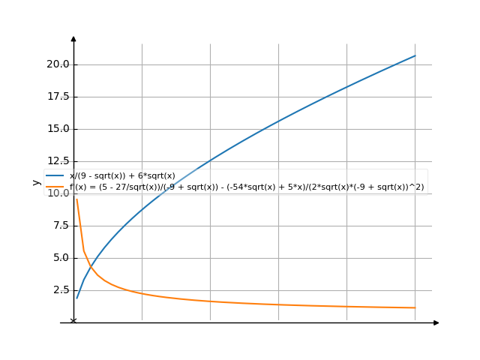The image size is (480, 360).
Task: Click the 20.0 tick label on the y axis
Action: click(58, 64)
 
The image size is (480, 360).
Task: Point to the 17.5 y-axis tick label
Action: click(58, 97)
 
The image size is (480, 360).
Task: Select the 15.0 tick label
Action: click(58, 129)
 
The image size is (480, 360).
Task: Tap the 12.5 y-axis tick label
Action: click(58, 161)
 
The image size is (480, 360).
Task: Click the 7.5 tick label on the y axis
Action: click(60, 226)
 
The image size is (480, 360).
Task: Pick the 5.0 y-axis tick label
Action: click(60, 258)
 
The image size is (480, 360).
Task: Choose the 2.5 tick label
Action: click(60, 290)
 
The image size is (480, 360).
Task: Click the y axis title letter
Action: click(36, 181)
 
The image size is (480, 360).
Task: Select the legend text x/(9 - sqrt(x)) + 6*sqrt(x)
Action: click(122, 176)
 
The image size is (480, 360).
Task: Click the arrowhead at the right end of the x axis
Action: click(436, 322)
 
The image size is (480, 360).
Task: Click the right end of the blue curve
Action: click(415, 55)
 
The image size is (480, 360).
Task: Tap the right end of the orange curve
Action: click(415, 307)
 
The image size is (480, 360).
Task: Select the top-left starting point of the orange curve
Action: click(76, 199)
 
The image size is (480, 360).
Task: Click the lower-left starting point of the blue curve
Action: click(76, 298)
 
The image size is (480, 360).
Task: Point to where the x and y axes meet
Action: click(73, 322)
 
